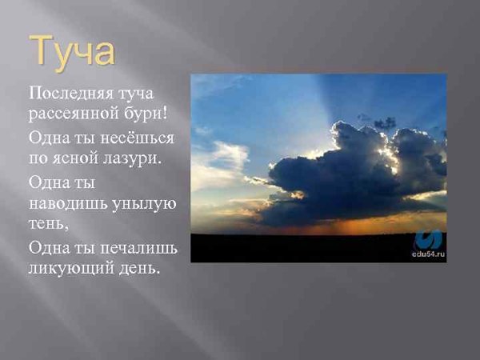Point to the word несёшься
(135, 138)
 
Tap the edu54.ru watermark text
(429, 255)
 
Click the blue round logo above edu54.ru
(430, 239)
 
